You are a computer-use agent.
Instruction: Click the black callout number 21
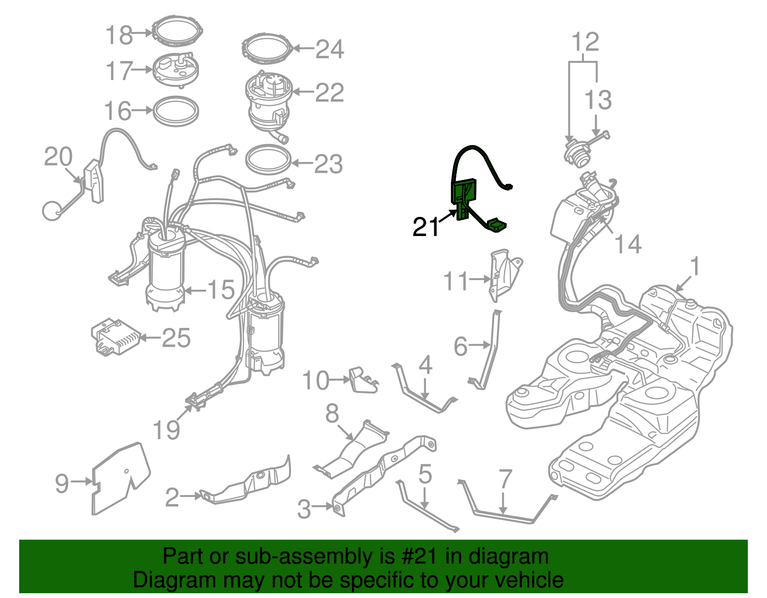click(426, 227)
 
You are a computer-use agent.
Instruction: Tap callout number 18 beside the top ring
click(119, 35)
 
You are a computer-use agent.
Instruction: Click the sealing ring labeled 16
click(176, 111)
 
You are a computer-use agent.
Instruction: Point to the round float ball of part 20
click(52, 211)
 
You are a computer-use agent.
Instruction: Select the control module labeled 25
click(116, 337)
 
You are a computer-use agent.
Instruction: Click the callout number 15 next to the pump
click(221, 290)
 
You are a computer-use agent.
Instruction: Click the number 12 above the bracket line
click(585, 42)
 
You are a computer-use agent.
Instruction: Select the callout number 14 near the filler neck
click(628, 244)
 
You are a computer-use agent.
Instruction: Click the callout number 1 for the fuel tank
click(695, 267)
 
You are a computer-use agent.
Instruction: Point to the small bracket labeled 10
click(362, 380)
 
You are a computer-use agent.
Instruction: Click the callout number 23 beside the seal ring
click(329, 164)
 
